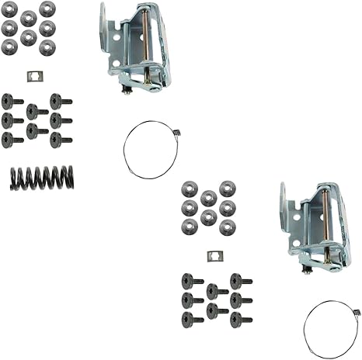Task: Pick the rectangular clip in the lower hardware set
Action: point(213,255)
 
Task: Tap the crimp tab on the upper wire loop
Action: point(176,133)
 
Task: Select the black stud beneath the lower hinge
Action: point(308,268)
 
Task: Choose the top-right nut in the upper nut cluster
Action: point(47,9)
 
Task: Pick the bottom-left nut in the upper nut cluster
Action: point(10,47)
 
